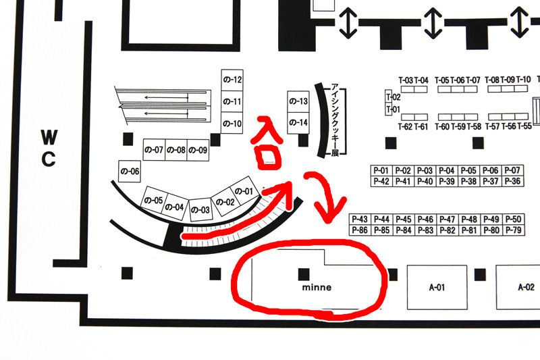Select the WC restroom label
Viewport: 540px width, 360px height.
tap(49, 148)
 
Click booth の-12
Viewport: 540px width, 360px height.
tap(232, 80)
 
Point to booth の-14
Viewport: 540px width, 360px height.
tap(298, 122)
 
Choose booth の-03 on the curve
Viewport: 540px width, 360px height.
tap(201, 210)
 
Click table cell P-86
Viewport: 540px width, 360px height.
tap(360, 230)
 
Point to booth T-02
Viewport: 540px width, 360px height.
tap(393, 97)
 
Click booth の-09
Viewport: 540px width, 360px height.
tap(198, 149)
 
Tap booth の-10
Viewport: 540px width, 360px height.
tap(232, 124)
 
